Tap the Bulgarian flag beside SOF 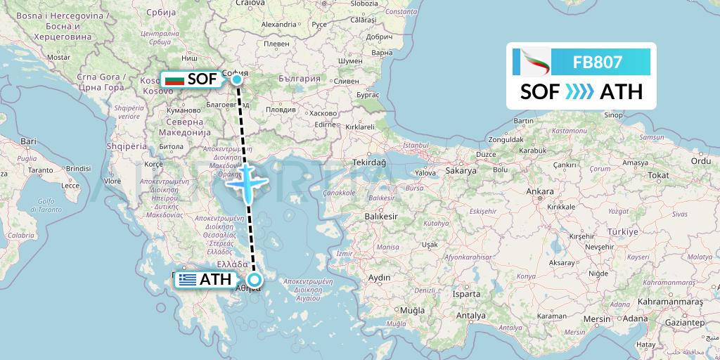click(173, 79)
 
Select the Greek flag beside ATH click(187, 280)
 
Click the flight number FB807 click(597, 62)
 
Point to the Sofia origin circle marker click(238, 79)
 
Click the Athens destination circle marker click(255, 280)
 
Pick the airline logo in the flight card click(531, 62)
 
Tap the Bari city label click(28, 141)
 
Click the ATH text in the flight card click(621, 91)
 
